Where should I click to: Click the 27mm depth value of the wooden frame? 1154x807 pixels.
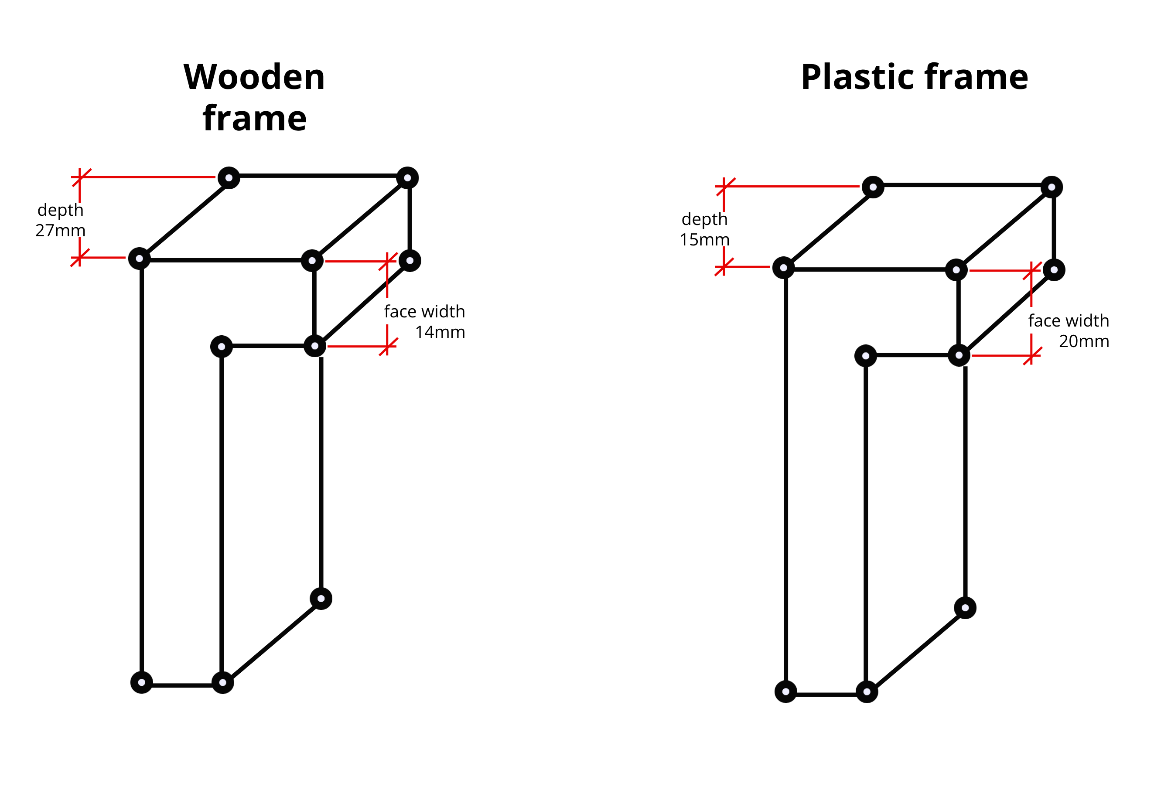click(60, 231)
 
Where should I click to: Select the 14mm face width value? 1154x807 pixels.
click(440, 332)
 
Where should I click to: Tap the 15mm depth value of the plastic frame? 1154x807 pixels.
click(704, 240)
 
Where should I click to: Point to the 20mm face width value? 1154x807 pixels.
click(1084, 342)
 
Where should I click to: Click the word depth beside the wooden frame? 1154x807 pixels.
click(60, 210)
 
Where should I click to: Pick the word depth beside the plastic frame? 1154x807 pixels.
click(704, 219)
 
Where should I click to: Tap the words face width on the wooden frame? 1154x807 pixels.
click(424, 312)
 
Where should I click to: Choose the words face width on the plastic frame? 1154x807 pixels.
click(1068, 320)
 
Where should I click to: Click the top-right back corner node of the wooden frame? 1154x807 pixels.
click(407, 178)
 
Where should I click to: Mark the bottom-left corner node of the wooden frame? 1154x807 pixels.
click(142, 682)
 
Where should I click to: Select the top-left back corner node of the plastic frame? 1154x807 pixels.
click(873, 187)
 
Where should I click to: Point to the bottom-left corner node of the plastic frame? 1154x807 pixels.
click(785, 691)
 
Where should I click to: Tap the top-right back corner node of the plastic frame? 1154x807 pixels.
click(1052, 187)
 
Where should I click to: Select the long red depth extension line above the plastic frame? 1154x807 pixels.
click(792, 187)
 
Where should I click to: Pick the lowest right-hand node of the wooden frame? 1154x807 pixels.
click(321, 599)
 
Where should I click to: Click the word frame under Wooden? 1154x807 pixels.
click(254, 119)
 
